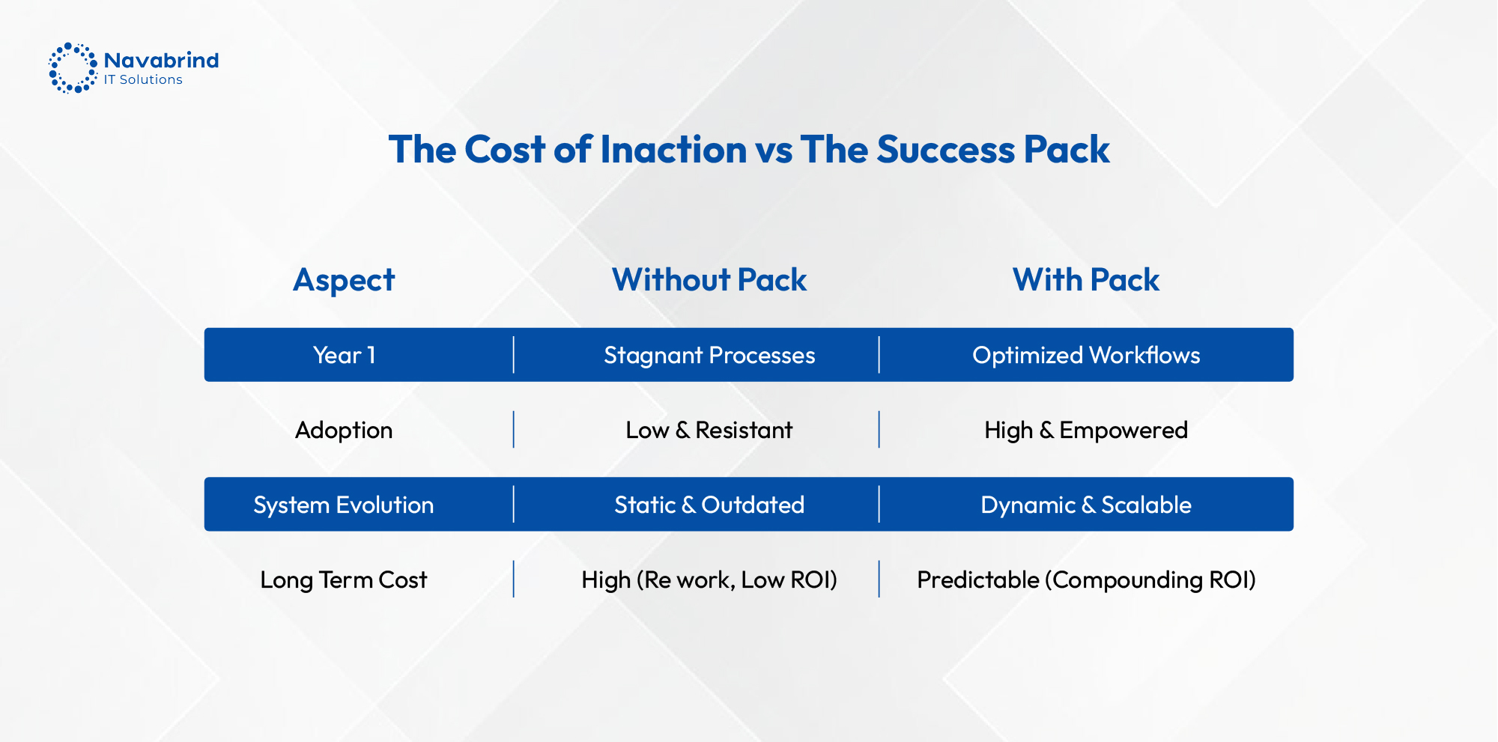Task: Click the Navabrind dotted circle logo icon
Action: [73, 68]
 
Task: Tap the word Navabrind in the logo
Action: [161, 60]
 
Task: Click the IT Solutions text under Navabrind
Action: [143, 80]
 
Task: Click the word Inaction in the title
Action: [673, 149]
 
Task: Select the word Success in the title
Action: [945, 149]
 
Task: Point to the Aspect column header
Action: [344, 280]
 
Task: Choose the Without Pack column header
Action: [709, 280]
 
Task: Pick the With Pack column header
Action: [1085, 280]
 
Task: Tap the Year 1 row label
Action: [344, 355]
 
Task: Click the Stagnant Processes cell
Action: [709, 355]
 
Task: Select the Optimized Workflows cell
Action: [1085, 355]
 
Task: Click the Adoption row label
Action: [344, 430]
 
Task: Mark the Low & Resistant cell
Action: [709, 430]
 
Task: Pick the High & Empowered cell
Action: [1085, 430]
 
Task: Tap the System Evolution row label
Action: [344, 505]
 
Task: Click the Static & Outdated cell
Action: [709, 505]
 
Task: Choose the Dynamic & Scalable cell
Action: [1085, 505]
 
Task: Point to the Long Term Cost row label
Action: [344, 580]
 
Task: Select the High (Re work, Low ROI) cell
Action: [709, 580]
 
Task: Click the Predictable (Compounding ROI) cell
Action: [1085, 580]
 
